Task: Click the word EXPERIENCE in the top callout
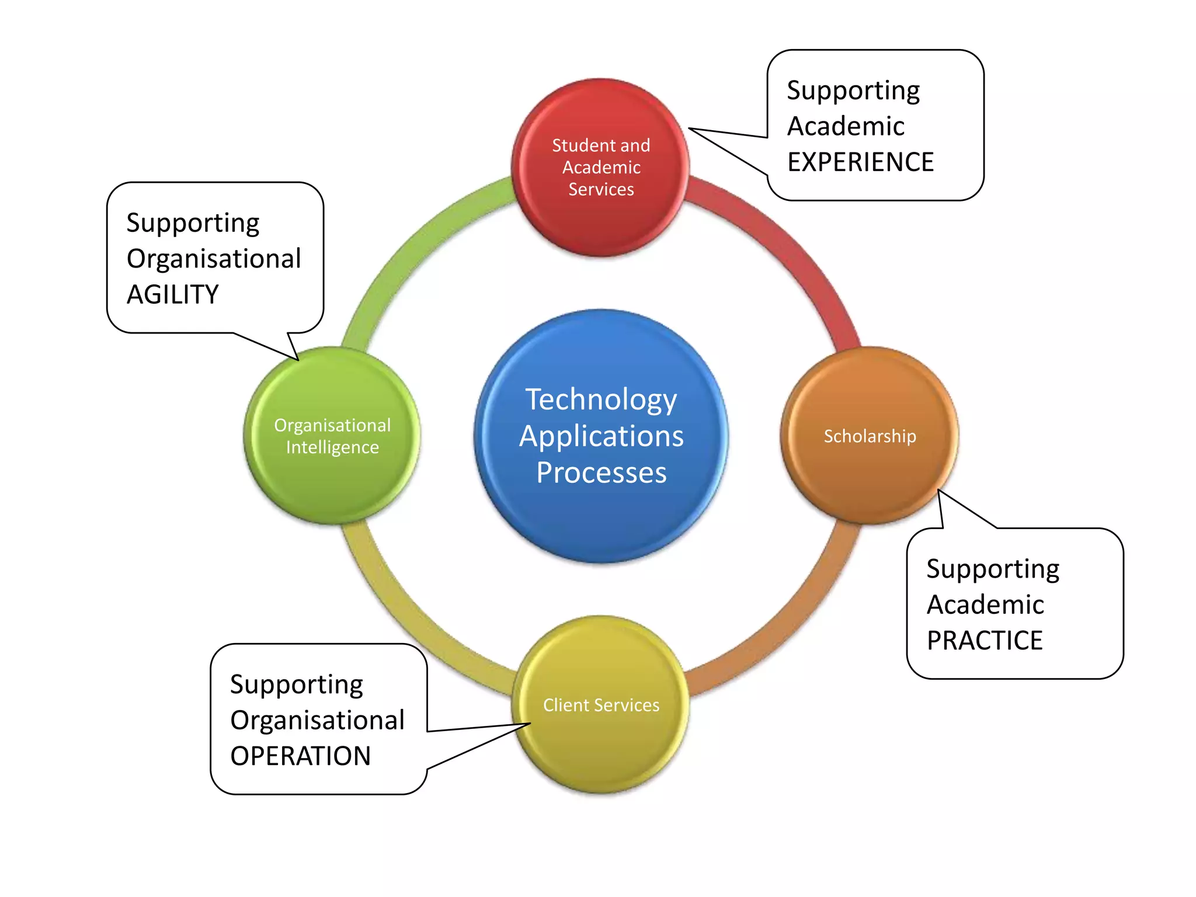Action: pyautogui.click(x=860, y=162)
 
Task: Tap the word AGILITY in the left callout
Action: pyautogui.click(x=173, y=294)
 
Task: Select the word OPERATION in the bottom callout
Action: pyautogui.click(x=300, y=756)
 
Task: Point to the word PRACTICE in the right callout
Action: pyautogui.click(x=985, y=641)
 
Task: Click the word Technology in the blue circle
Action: pyautogui.click(x=601, y=401)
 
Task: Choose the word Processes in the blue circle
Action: pyautogui.click(x=601, y=472)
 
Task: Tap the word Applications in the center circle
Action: pyautogui.click(x=601, y=436)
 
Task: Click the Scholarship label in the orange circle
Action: pyautogui.click(x=870, y=436)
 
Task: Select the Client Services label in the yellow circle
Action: pyautogui.click(x=601, y=705)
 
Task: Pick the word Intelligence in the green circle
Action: pyautogui.click(x=332, y=447)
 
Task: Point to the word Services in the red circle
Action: pyautogui.click(x=601, y=189)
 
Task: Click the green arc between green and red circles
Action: pyautogui.click(x=409, y=245)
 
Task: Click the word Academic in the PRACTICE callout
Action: pyautogui.click(x=985, y=604)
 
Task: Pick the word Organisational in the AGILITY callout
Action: pyautogui.click(x=214, y=259)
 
